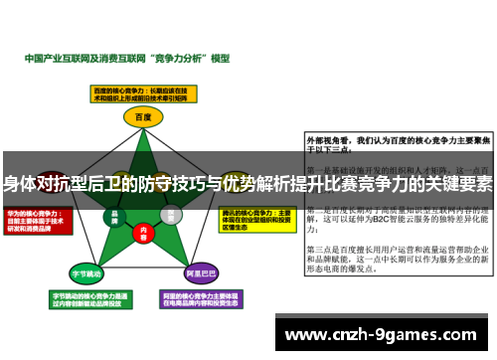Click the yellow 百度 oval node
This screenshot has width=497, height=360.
click(141, 116)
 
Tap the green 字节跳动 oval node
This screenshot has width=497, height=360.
click(84, 271)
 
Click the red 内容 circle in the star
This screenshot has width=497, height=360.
click(142, 231)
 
